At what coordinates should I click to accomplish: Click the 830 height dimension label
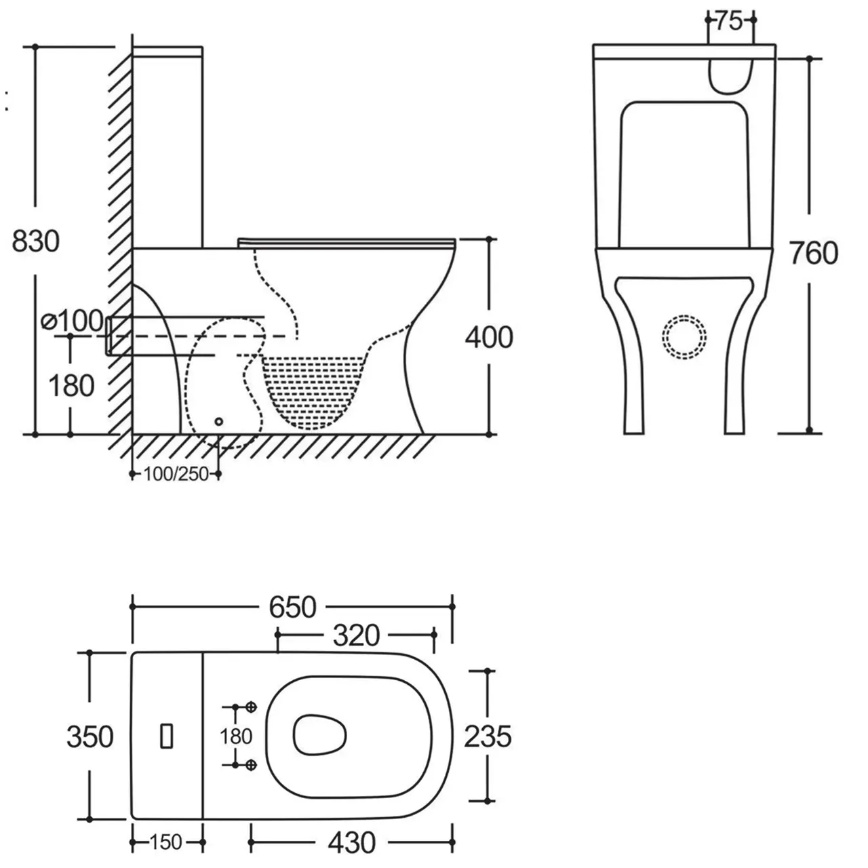tap(37, 241)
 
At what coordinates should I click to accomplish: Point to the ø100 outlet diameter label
tap(73, 320)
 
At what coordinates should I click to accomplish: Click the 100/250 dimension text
tap(176, 475)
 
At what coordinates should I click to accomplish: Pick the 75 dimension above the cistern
tap(728, 22)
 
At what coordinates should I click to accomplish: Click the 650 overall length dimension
tap(292, 607)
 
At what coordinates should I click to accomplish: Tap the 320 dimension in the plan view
tap(356, 635)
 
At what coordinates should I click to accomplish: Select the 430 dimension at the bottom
tap(351, 843)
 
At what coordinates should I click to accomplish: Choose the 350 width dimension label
tap(90, 736)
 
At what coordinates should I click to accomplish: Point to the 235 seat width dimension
tap(488, 736)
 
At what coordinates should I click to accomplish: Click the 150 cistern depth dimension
tap(165, 843)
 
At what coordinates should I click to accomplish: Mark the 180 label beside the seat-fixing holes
tap(236, 736)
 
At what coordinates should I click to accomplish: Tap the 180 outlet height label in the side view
tap(71, 386)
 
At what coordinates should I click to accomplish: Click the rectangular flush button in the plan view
tap(167, 736)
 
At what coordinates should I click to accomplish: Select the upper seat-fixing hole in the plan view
tap(252, 707)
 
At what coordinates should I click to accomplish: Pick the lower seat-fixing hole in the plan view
tap(252, 765)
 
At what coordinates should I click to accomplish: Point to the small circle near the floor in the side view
tap(218, 421)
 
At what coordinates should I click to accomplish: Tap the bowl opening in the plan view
tap(321, 734)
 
